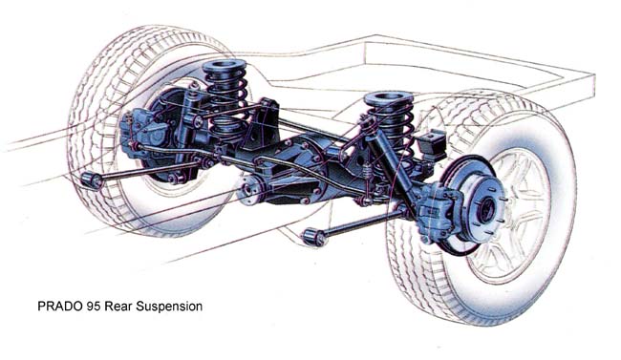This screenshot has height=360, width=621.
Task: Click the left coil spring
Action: [x=226, y=99]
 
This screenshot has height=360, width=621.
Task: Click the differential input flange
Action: [x=249, y=189]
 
